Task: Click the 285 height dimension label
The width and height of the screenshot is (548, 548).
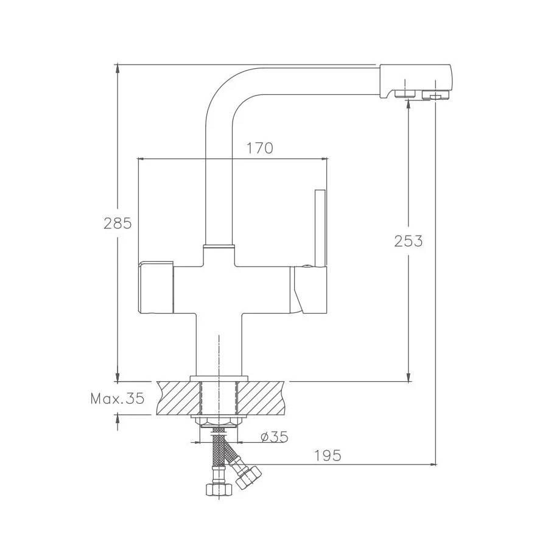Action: [x=118, y=223]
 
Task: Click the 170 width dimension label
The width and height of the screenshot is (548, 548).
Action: [x=259, y=148]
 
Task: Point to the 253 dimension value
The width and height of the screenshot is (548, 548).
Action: [x=408, y=241]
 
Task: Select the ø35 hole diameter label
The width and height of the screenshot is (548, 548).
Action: [x=273, y=437]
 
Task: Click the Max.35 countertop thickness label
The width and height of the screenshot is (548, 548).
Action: [x=117, y=399]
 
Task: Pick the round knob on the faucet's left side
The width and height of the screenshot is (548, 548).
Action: [x=156, y=287]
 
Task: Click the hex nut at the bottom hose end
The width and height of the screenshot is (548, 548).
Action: [x=217, y=489]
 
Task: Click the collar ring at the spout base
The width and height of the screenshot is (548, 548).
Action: [x=219, y=246]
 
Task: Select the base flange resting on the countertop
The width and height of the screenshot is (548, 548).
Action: [x=219, y=378]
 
